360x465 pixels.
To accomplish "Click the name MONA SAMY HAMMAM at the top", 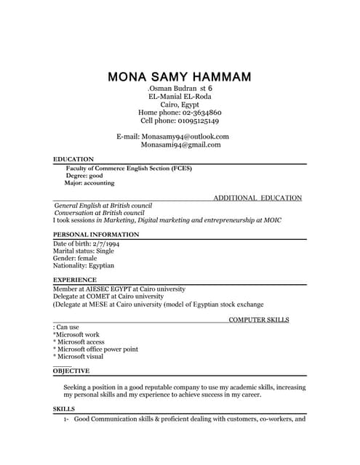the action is (180, 76).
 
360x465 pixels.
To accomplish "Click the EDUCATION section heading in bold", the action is (73, 158).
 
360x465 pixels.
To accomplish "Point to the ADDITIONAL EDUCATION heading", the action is (257, 198).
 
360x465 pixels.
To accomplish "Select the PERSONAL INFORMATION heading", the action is (96, 235).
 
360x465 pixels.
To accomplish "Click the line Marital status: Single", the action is (84, 251).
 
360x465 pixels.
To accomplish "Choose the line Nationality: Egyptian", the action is (84, 266).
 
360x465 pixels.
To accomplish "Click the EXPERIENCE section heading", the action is (75, 280).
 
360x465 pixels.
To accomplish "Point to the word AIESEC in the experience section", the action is (107, 288).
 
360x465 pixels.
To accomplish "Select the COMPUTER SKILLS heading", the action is (259, 320).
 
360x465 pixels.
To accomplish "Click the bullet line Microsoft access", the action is (79, 342).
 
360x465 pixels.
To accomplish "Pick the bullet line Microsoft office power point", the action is (96, 349).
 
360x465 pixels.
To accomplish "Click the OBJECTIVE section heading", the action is (71, 371).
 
